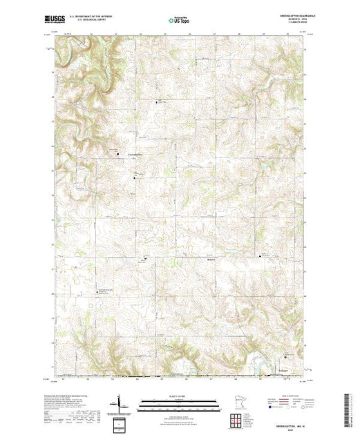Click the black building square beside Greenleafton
click(117, 153)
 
